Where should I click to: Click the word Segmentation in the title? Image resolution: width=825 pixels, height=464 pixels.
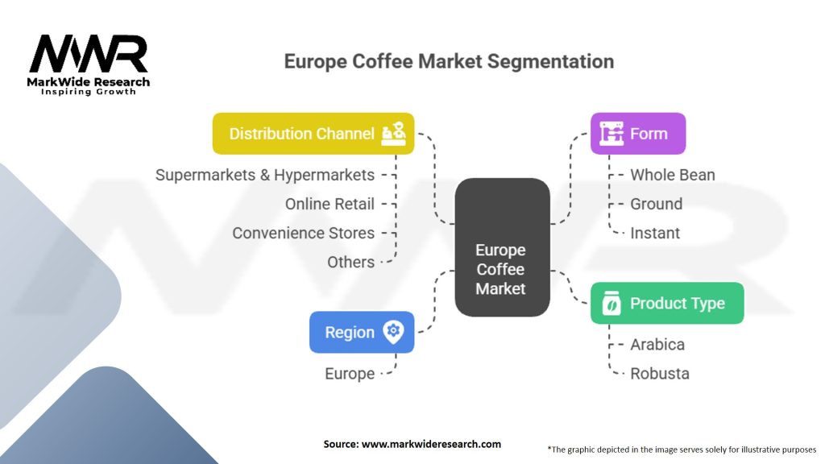pyautogui.click(x=550, y=61)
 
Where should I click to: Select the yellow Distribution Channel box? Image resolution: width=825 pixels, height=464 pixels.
pyautogui.click(x=313, y=134)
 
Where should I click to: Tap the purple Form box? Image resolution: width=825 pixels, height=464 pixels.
pyautogui.click(x=638, y=134)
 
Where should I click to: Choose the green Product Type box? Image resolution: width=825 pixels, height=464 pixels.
pyautogui.click(x=667, y=303)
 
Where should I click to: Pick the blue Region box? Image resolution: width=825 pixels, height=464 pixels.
pyautogui.click(x=362, y=332)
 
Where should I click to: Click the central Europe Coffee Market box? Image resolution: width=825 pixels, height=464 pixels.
pyautogui.click(x=502, y=247)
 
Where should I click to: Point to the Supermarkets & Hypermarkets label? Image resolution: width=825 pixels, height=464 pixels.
pyautogui.click(x=264, y=175)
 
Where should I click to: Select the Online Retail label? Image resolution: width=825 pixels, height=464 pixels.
pyautogui.click(x=330, y=204)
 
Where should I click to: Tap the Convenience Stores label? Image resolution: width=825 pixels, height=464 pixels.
pyautogui.click(x=304, y=233)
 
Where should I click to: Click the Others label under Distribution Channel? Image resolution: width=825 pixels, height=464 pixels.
pyautogui.click(x=351, y=262)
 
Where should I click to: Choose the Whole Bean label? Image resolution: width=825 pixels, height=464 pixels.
pyautogui.click(x=673, y=175)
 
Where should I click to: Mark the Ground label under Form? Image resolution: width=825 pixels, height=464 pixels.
pyautogui.click(x=656, y=204)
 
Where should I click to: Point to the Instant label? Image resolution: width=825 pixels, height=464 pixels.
pyautogui.click(x=655, y=233)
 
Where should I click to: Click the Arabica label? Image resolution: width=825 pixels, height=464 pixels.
pyautogui.click(x=657, y=345)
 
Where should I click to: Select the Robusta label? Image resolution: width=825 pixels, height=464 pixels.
pyautogui.click(x=660, y=374)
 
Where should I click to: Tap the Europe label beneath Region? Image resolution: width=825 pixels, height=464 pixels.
pyautogui.click(x=350, y=374)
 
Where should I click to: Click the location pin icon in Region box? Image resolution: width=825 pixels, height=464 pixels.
pyautogui.click(x=393, y=332)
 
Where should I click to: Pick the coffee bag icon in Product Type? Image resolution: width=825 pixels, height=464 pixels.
pyautogui.click(x=611, y=303)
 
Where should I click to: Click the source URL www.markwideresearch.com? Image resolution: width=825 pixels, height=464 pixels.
pyautogui.click(x=432, y=444)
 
